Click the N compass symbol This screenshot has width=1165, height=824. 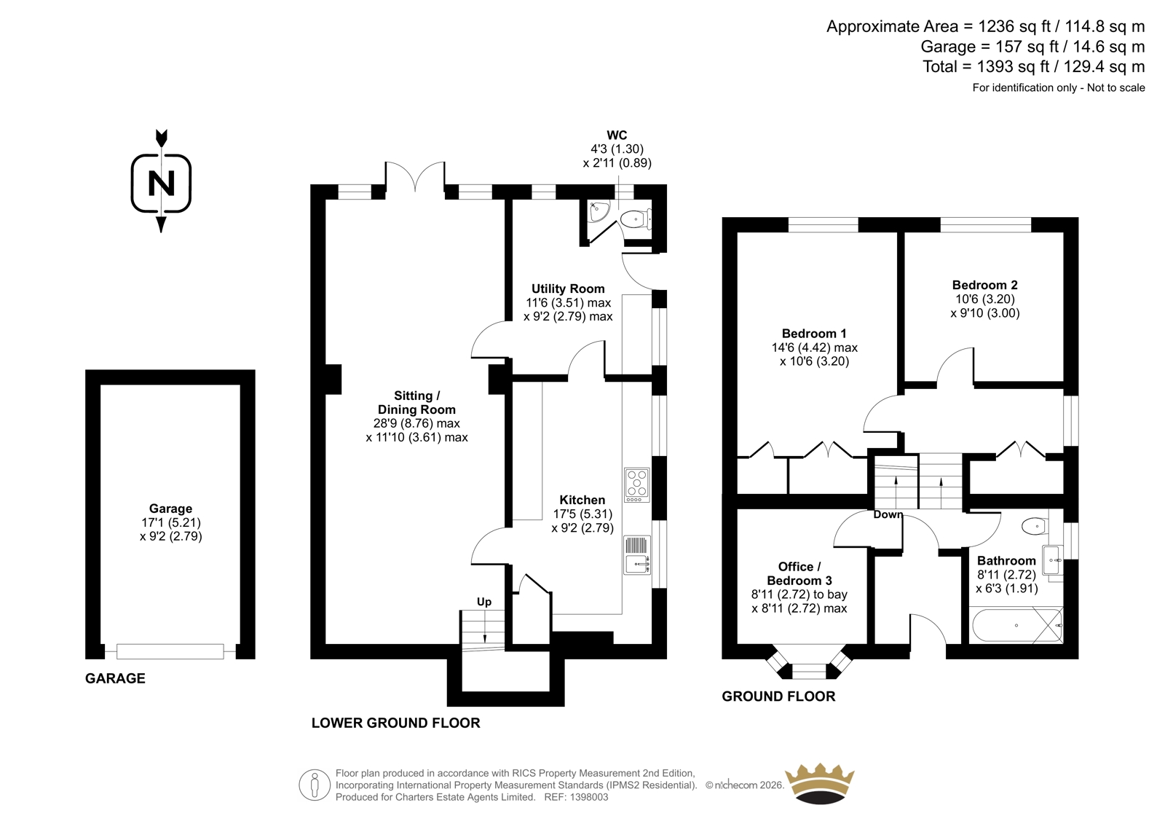click(161, 183)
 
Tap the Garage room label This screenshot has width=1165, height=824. click(170, 509)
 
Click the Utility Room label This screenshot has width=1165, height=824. click(568, 289)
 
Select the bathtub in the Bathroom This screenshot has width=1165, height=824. click(1016, 624)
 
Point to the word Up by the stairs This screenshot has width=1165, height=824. click(483, 602)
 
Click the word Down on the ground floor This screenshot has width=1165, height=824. click(888, 514)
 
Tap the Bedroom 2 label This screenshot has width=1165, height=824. click(984, 285)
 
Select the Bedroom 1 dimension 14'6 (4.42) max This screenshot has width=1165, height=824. click(815, 348)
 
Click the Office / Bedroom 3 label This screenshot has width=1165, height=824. click(799, 573)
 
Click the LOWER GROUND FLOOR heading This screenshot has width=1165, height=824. click(396, 723)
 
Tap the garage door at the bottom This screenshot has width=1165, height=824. click(170, 652)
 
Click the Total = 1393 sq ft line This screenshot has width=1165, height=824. click(1033, 66)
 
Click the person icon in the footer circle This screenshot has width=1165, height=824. click(314, 785)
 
